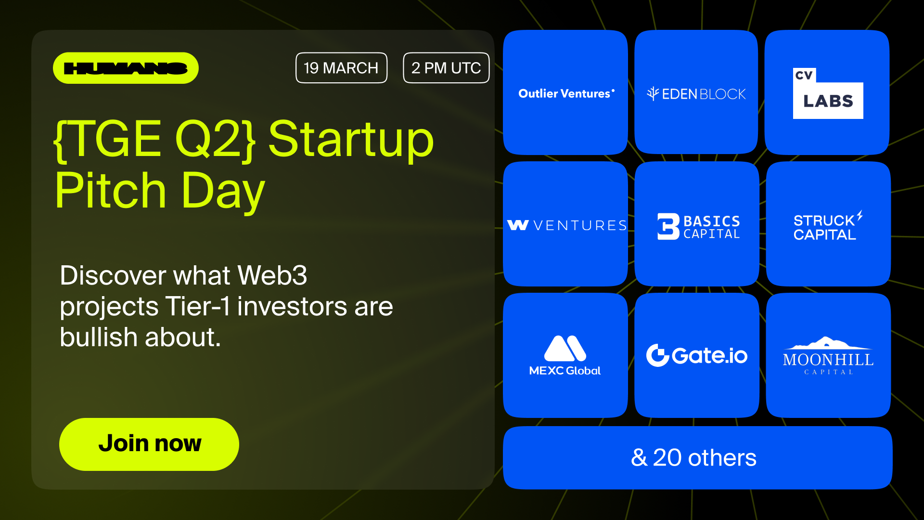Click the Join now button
coord(149,444)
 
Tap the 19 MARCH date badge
coord(341,68)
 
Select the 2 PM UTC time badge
coord(446,68)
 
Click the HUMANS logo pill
coord(126,68)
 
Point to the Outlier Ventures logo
coord(566,93)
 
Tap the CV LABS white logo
coord(828,93)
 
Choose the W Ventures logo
coord(567,225)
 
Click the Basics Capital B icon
coord(668,226)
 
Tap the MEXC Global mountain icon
coord(565,348)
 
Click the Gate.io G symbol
coord(657,355)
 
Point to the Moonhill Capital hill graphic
coord(827,343)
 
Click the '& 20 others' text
coord(693,457)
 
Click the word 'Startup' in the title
coord(351,140)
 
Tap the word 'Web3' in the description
coord(272,275)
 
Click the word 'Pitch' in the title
coord(111,191)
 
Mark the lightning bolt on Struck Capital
coord(860,216)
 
